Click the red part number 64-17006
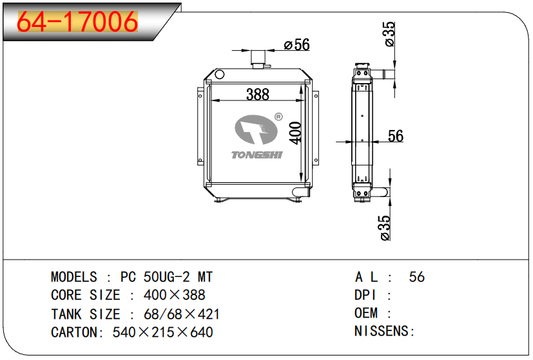[77, 21]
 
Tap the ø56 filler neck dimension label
[296, 44]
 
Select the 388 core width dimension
[258, 95]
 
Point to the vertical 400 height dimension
[295, 133]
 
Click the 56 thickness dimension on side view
[396, 136]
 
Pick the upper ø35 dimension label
[389, 34]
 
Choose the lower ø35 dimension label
[385, 227]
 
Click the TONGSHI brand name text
[257, 155]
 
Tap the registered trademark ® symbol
[278, 117]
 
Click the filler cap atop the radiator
[258, 58]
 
